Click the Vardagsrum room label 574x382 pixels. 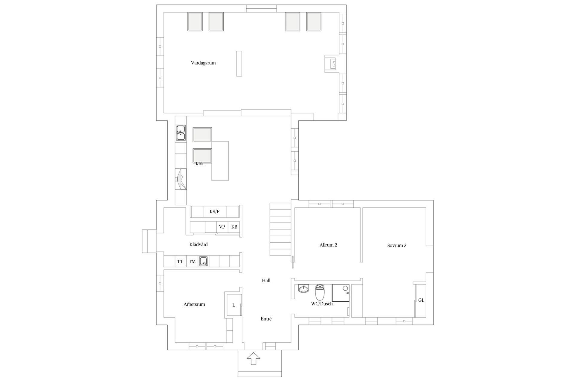tap(203, 63)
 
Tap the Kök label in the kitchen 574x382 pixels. tap(200, 164)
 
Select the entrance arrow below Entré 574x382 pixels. tap(253, 358)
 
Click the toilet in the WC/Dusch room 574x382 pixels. tap(320, 292)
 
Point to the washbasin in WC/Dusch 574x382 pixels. tap(303, 289)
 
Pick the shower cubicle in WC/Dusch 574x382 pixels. tap(341, 293)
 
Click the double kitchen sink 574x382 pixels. tap(181, 133)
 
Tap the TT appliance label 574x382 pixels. tap(180, 261)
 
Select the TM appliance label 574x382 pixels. tap(192, 261)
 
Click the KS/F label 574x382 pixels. tap(214, 212)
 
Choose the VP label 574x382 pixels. tap(222, 227)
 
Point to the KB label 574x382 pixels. tap(234, 227)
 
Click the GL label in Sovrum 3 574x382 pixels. tap(421, 300)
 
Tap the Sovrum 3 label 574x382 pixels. tap(397, 246)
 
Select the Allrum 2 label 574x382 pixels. tap(328, 245)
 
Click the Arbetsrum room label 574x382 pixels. tap(194, 304)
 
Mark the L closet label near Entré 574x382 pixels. tap(234, 305)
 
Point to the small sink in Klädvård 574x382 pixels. tap(204, 261)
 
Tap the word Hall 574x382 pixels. tap(266, 281)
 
